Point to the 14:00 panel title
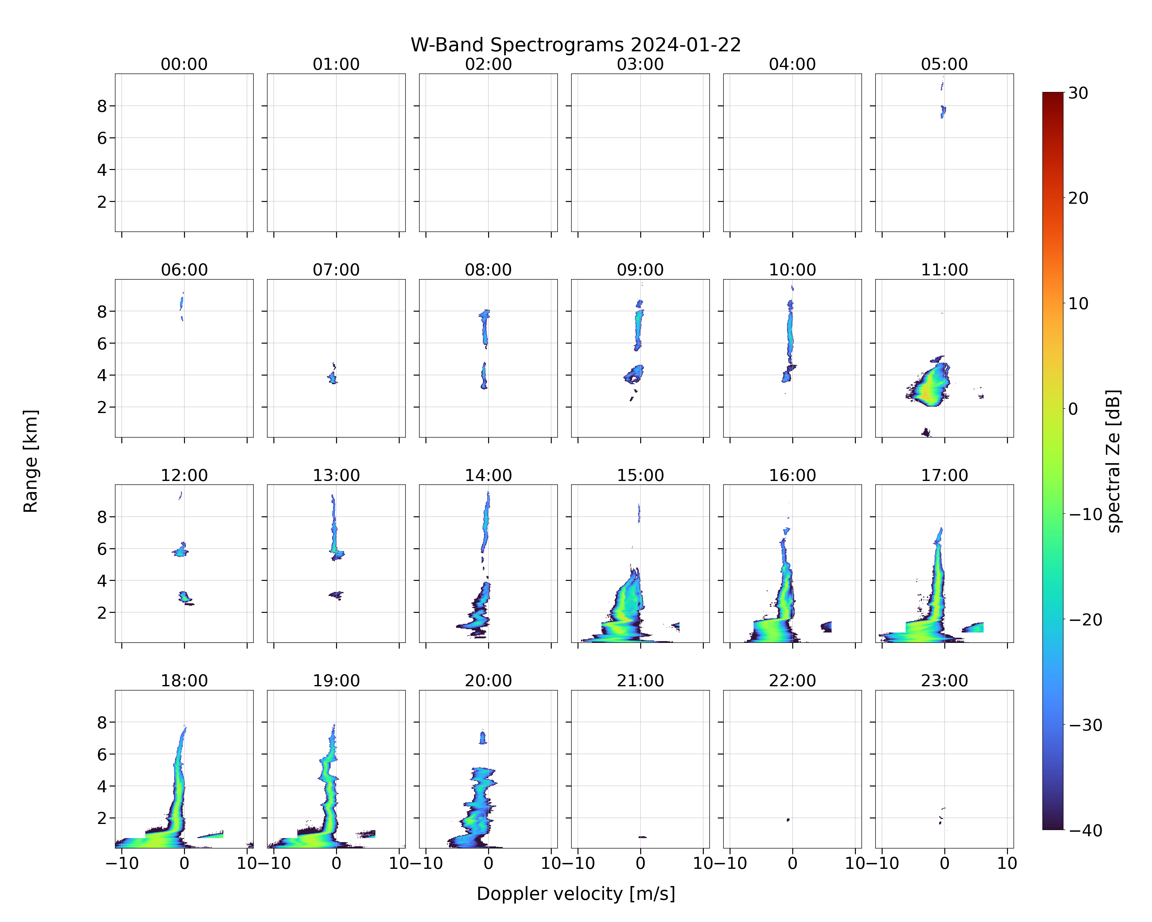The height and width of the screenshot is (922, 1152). [488, 475]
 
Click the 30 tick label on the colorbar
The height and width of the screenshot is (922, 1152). [1078, 93]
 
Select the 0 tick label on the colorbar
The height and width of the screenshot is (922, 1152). [1073, 409]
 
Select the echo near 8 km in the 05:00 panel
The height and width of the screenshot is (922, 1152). [943, 111]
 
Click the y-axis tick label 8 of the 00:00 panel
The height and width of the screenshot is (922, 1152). [102, 106]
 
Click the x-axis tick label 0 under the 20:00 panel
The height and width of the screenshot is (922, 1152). [488, 863]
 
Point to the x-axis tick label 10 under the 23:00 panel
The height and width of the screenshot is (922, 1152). [1007, 863]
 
